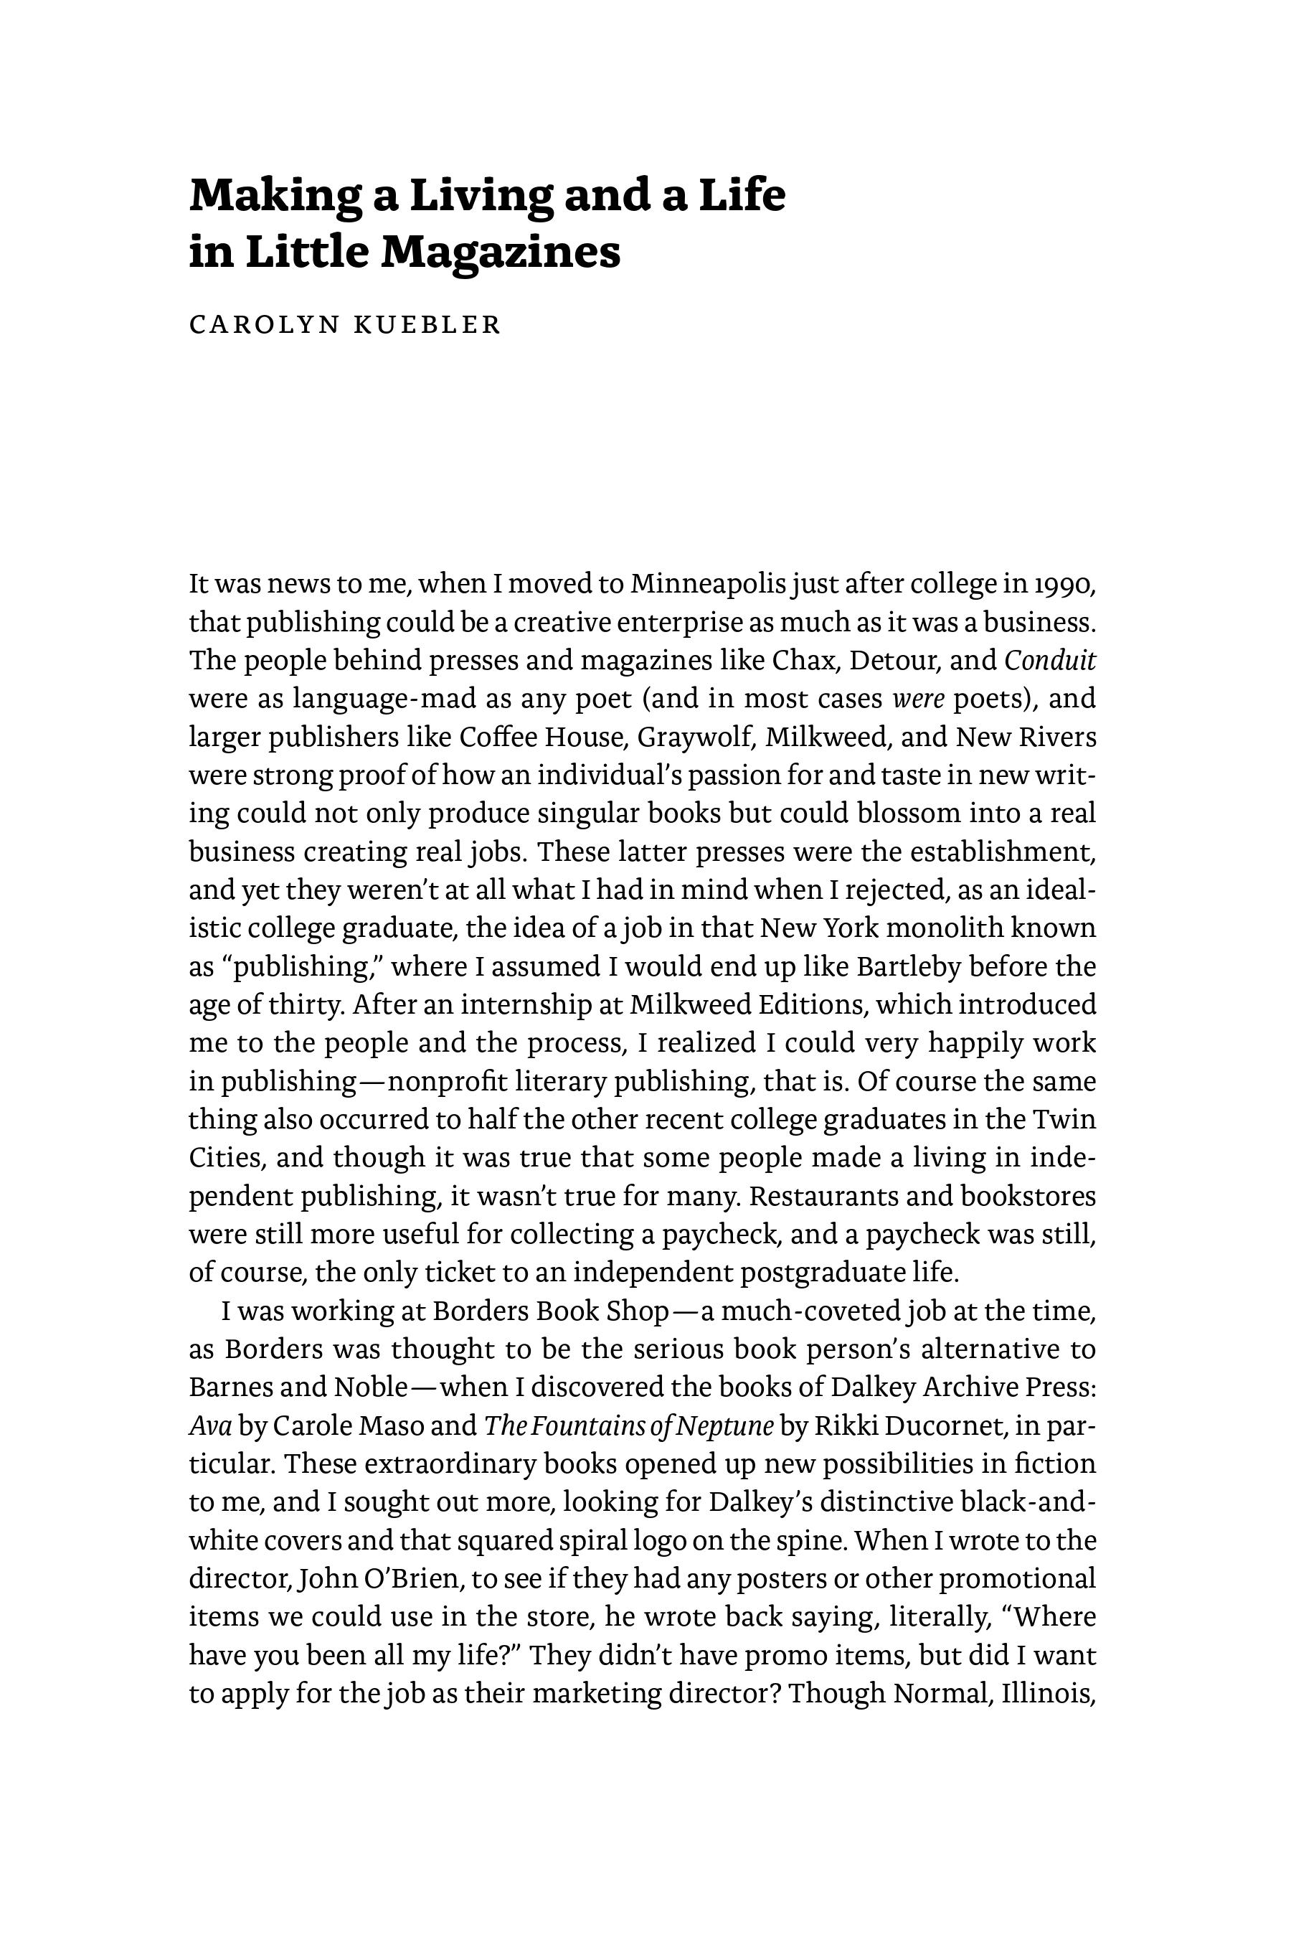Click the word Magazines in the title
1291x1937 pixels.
501,252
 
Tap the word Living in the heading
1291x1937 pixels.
481,196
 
